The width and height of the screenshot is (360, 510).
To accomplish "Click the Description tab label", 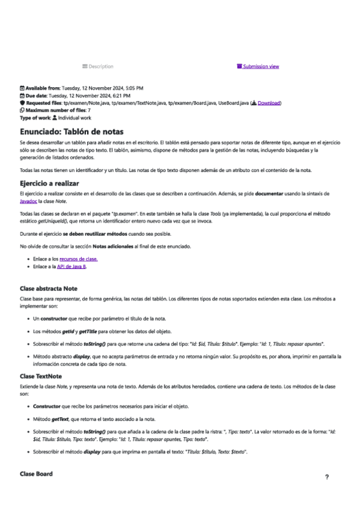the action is tap(100, 66).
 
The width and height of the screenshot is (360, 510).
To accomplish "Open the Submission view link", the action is tap(260, 66).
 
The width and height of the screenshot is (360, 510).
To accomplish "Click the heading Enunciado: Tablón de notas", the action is tap(72, 131).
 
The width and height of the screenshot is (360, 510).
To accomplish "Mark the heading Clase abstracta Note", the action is tap(57, 289).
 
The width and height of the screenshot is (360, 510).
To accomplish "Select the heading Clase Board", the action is tap(36, 474).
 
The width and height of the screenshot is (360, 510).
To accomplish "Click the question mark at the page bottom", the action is tap(326, 477).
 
